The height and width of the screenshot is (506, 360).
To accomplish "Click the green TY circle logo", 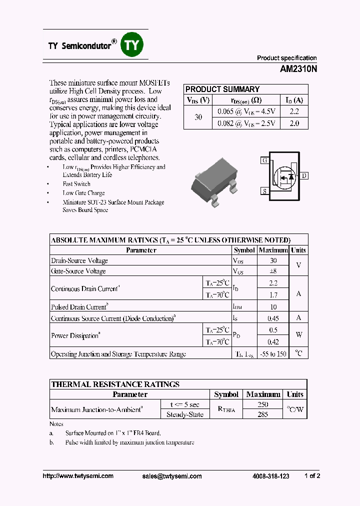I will [132, 45].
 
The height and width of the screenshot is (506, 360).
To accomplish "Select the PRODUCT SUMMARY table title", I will [222, 89].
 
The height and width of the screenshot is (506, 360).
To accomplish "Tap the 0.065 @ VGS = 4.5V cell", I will [246, 111].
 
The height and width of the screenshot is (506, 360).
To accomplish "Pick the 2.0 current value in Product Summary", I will [294, 123].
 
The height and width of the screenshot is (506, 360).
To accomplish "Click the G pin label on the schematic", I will [264, 160].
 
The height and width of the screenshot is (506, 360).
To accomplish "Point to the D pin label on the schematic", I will [304, 175].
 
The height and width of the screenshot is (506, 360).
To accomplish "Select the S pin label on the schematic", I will [264, 191].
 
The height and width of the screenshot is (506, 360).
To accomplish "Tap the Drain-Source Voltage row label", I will [79, 260].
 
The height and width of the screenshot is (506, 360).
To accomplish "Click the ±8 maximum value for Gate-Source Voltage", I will [272, 271].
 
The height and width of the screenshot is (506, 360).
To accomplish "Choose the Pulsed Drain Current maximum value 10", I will [273, 307].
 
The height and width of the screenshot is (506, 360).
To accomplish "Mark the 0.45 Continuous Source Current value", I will [273, 318].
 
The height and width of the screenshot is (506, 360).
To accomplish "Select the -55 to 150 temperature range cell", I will [273, 354].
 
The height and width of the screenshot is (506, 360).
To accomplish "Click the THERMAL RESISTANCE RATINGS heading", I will [115, 384].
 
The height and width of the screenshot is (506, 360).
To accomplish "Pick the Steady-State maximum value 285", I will [262, 414].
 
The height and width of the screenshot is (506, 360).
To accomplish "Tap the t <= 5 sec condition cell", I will [184, 404].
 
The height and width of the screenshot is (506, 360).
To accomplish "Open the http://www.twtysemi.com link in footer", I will [78, 476].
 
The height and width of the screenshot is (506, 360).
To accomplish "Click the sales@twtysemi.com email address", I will [172, 476].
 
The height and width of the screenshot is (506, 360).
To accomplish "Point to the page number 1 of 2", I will [312, 476].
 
